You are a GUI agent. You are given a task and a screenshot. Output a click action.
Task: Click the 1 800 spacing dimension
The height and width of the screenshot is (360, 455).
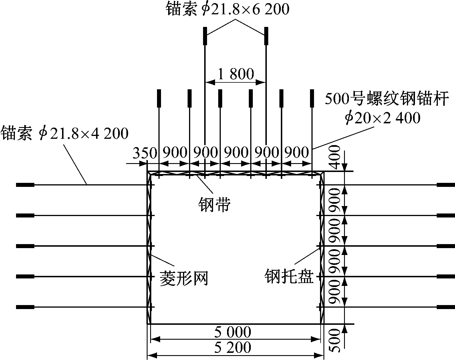pyautogui.click(x=236, y=74)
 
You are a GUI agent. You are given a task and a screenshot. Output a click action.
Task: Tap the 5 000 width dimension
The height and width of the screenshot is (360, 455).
pyautogui.click(x=233, y=332)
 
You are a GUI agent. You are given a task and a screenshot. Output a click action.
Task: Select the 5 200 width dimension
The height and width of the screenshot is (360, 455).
pyautogui.click(x=233, y=347)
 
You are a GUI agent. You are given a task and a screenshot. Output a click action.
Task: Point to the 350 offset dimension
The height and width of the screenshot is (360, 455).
pyautogui.click(x=145, y=153)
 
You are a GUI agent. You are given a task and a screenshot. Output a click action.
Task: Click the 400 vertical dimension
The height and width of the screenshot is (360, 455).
pyautogui.click(x=335, y=157)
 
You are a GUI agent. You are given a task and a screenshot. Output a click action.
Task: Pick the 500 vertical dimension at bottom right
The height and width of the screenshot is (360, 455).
pyautogui.click(x=335, y=341)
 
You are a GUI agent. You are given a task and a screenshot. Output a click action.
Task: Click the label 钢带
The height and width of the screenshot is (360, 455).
pyautogui.click(x=214, y=204)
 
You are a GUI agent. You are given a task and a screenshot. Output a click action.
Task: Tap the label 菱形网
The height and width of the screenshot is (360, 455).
pyautogui.click(x=184, y=278)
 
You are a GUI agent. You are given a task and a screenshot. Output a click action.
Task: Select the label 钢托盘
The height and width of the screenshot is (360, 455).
pyautogui.click(x=289, y=276)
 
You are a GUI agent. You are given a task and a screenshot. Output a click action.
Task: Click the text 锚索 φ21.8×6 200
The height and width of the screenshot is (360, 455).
pyautogui.click(x=227, y=9)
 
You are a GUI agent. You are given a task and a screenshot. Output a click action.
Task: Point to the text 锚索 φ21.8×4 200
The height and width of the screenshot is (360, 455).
pyautogui.click(x=64, y=133)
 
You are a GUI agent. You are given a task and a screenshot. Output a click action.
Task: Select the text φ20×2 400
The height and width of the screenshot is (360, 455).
pyautogui.click(x=382, y=118)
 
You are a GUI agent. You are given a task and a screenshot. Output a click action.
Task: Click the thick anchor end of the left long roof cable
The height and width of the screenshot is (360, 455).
pyautogui.click(x=205, y=36)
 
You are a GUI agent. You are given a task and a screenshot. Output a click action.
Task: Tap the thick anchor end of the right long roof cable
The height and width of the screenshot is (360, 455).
pyautogui.click(x=266, y=36)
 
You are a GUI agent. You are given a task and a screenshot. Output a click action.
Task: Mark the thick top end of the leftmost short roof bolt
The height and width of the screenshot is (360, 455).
pyautogui.click(x=159, y=98)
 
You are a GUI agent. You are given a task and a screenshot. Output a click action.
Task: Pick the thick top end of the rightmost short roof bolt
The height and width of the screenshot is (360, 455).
pyautogui.click(x=312, y=98)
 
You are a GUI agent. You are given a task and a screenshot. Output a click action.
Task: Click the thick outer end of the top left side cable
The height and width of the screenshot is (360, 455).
pyautogui.click(x=25, y=185)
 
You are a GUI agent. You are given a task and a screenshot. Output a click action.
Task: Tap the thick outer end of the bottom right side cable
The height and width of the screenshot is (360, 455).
pyautogui.click(x=446, y=307)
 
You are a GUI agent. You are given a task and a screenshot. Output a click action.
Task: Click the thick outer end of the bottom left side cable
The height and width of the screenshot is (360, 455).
pyautogui.click(x=25, y=307)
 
